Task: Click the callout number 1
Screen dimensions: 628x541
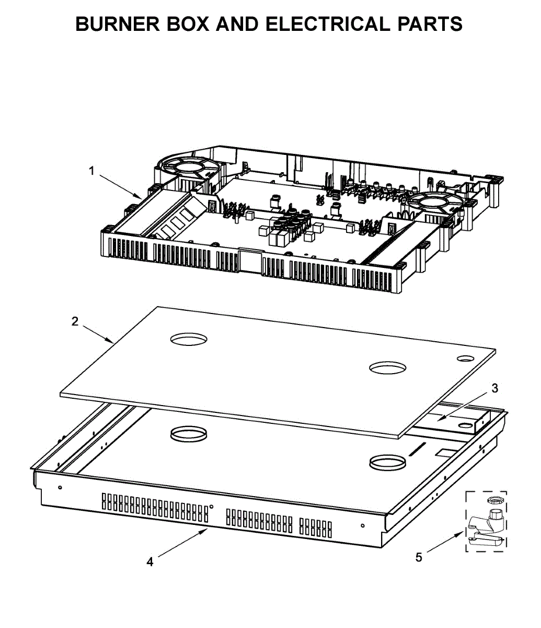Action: coord(92,171)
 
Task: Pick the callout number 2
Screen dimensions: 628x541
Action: coord(75,321)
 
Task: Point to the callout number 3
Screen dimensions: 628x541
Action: coord(494,388)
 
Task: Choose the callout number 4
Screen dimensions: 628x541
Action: coord(150,562)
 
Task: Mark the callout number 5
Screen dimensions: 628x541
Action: coord(419,557)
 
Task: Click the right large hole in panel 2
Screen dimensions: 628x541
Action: coord(387,368)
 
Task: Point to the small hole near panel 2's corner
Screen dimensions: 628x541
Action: coord(465,358)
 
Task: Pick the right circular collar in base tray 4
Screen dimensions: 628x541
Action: coord(387,463)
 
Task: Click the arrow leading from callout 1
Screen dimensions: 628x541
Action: coord(121,186)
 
